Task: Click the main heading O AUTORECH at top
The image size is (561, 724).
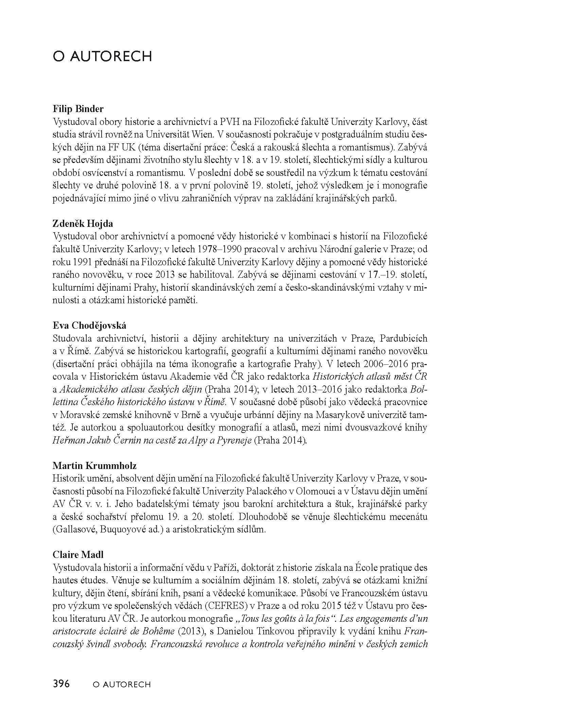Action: [x=102, y=56]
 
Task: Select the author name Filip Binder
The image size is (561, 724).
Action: [x=78, y=109]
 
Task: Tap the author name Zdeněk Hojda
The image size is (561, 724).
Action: [x=83, y=224]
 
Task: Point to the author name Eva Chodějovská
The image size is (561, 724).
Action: [x=89, y=326]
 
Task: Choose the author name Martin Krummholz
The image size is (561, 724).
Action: [x=94, y=466]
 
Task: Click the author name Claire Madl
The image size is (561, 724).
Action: [x=78, y=555]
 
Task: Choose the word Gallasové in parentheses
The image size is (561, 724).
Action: [x=75, y=530]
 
